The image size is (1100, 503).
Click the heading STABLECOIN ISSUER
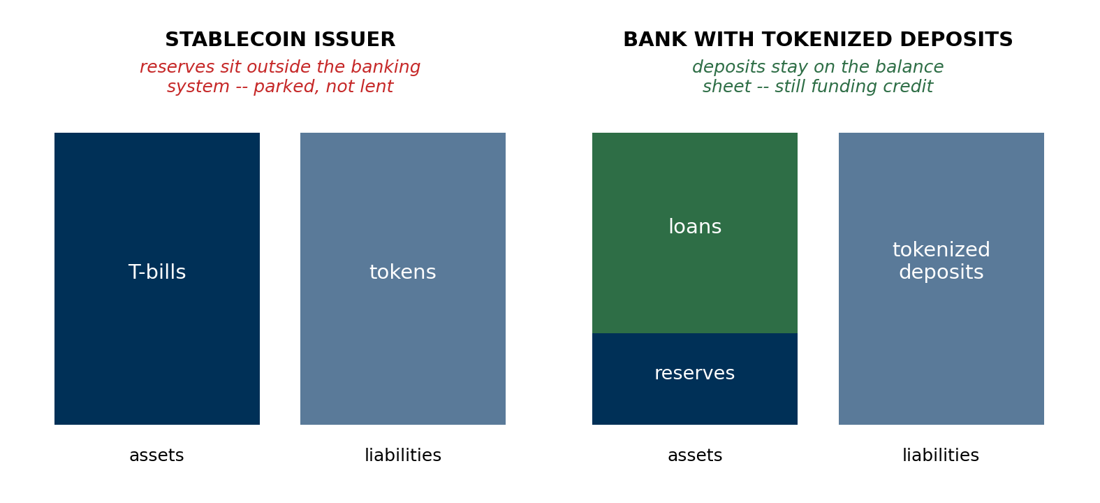pos(280,39)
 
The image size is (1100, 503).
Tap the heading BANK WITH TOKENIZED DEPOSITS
pos(818,39)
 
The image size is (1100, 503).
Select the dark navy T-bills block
pos(157,279)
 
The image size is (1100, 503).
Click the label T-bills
pos(157,272)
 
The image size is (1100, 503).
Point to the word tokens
pos(403,272)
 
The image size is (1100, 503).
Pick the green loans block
pos(695,233)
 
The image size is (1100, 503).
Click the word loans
pos(695,226)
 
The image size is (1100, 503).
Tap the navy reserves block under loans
pos(695,379)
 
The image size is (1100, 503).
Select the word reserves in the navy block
pos(695,373)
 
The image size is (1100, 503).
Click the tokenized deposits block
pos(941,279)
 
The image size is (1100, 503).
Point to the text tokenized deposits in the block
pos(941,261)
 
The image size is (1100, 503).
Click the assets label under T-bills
pos(156,455)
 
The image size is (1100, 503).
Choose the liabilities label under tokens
pos(403,455)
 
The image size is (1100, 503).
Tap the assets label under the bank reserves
pos(695,455)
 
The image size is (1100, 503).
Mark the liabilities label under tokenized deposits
pos(941,455)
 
